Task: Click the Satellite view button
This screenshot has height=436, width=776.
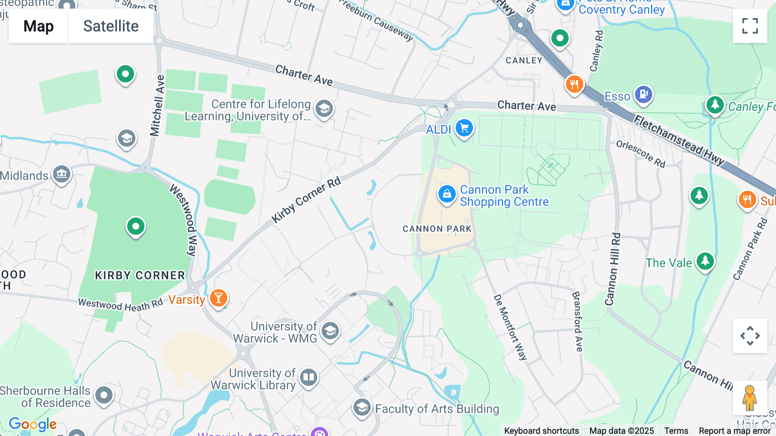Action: [111, 26]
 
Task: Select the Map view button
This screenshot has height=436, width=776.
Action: [38, 26]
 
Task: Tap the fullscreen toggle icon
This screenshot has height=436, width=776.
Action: [750, 26]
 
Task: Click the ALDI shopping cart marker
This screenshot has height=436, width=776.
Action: [464, 128]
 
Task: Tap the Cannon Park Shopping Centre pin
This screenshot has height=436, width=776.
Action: [447, 194]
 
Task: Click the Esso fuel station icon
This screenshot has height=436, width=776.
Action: [643, 94]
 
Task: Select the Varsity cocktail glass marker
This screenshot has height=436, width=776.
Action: [218, 298]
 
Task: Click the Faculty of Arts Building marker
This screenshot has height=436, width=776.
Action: [362, 407]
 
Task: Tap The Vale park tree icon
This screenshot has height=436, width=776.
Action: [705, 261]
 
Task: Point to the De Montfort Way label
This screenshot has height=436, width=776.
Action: [510, 327]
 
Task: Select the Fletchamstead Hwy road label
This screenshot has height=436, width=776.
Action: [679, 140]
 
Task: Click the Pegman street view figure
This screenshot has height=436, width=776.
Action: [749, 397]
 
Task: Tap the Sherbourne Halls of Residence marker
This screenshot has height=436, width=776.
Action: [104, 395]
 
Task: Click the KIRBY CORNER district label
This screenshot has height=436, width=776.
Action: [140, 275]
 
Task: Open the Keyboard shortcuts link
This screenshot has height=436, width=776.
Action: [541, 431]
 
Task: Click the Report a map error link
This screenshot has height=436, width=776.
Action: [734, 431]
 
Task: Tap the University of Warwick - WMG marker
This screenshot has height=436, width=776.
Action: [330, 332]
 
